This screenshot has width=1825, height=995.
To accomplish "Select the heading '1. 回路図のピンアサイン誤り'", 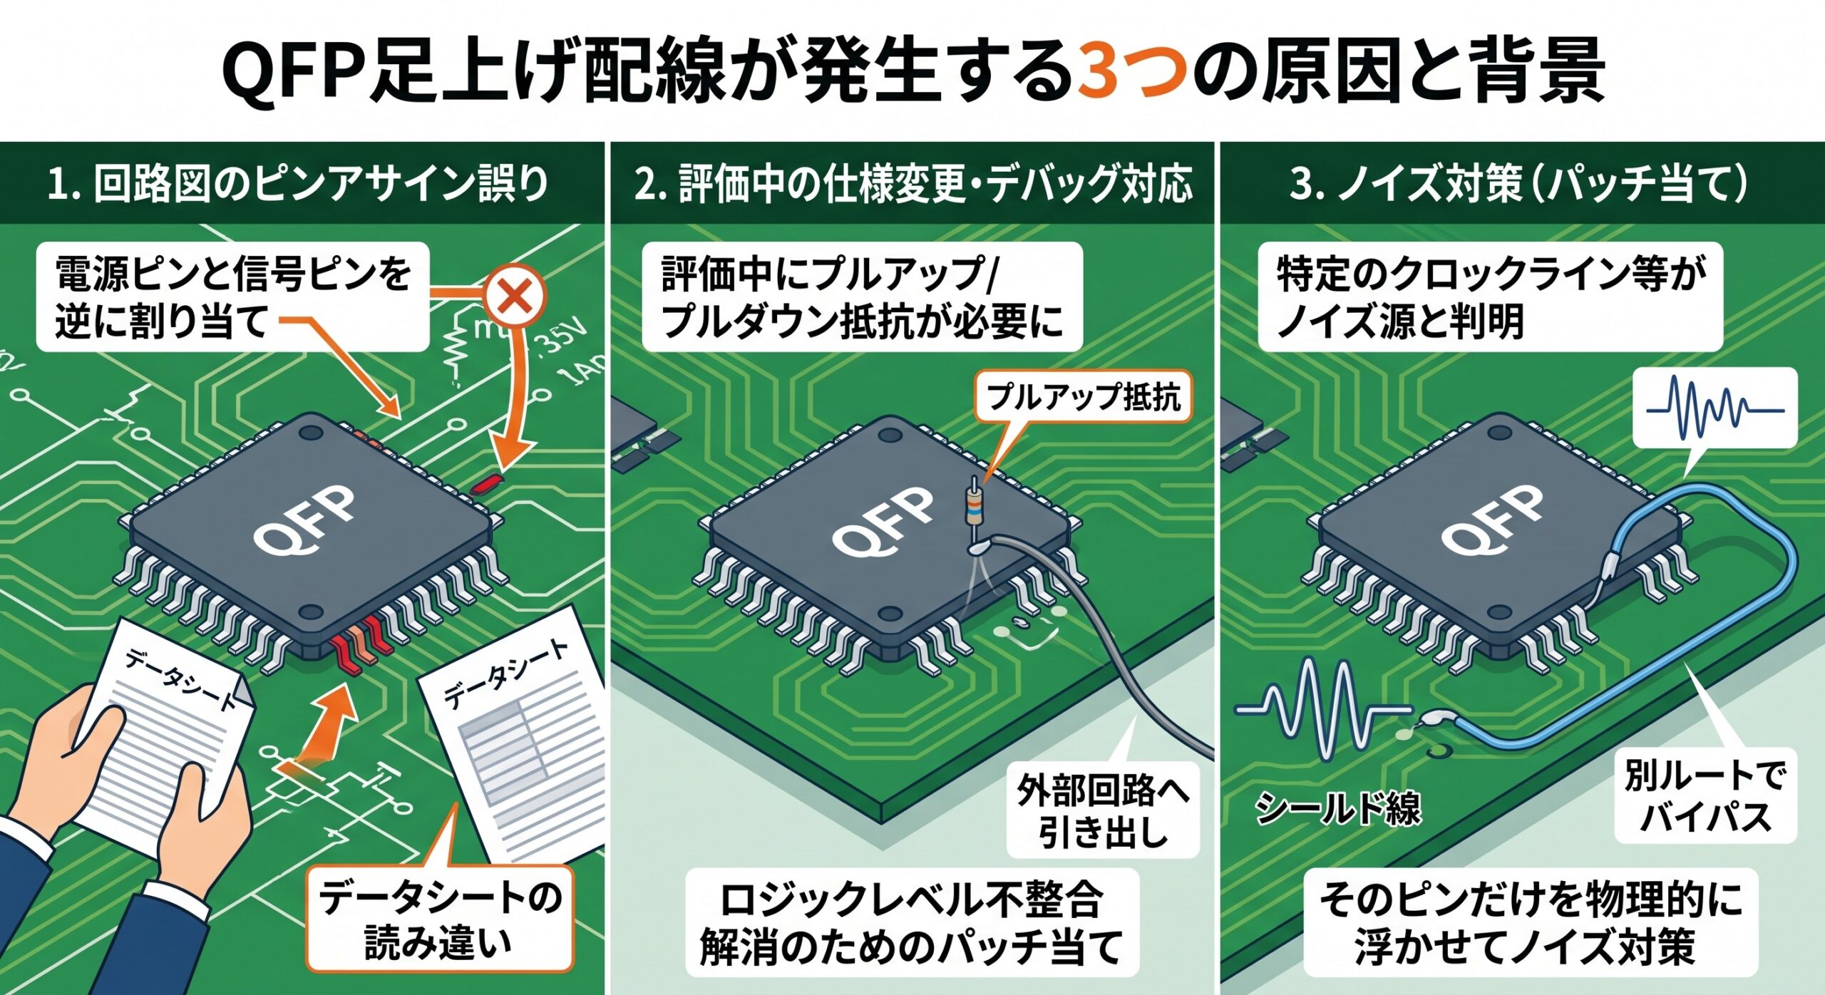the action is (x=298, y=183).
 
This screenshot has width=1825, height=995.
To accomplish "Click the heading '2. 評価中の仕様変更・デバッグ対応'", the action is (x=913, y=183).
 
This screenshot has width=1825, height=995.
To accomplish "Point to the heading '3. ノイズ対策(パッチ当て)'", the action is (x=1519, y=183).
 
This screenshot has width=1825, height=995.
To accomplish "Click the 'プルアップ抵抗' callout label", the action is (x=1083, y=396).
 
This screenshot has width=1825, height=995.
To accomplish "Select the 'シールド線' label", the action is (x=1337, y=808).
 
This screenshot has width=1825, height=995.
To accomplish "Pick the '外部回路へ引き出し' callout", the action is (x=1103, y=810).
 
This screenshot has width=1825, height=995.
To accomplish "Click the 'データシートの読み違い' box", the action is (x=440, y=919).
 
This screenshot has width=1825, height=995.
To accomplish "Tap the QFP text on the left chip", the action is (x=304, y=520).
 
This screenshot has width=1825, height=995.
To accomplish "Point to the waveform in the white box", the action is (x=1715, y=408).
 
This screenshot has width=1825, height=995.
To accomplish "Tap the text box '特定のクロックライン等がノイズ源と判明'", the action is (x=1491, y=297).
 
